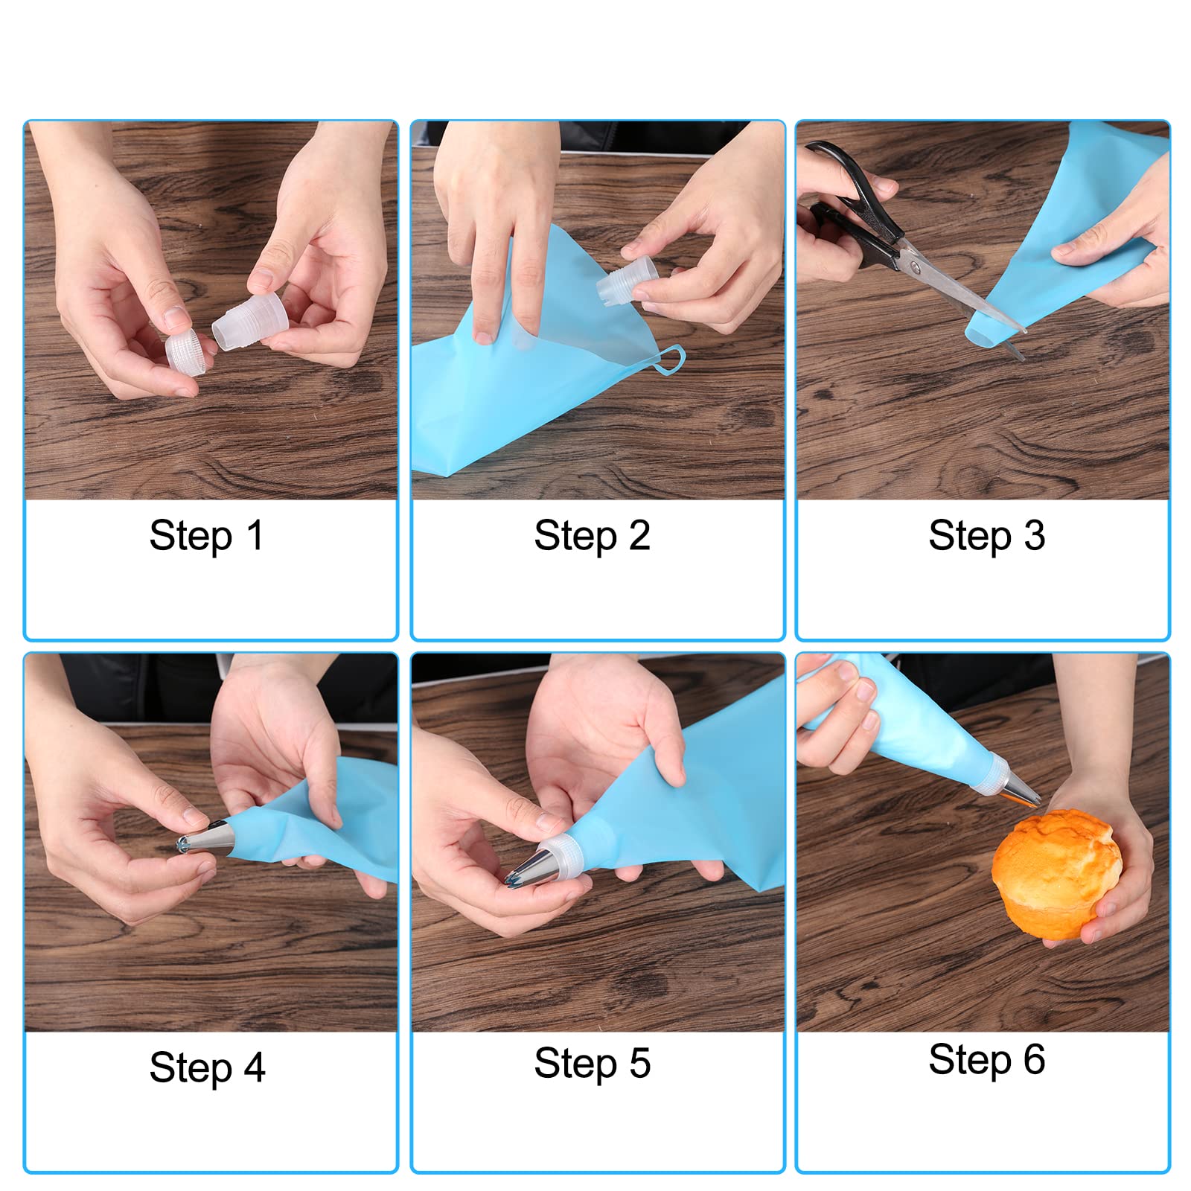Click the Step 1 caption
click(207, 536)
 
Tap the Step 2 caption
click(593, 536)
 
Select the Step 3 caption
click(987, 536)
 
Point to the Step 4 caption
click(207, 1068)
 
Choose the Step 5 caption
click(593, 1064)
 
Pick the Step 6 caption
click(987, 1060)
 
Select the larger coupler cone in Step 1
click(250, 321)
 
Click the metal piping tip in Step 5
click(531, 868)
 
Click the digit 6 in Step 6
click(1034, 1059)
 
